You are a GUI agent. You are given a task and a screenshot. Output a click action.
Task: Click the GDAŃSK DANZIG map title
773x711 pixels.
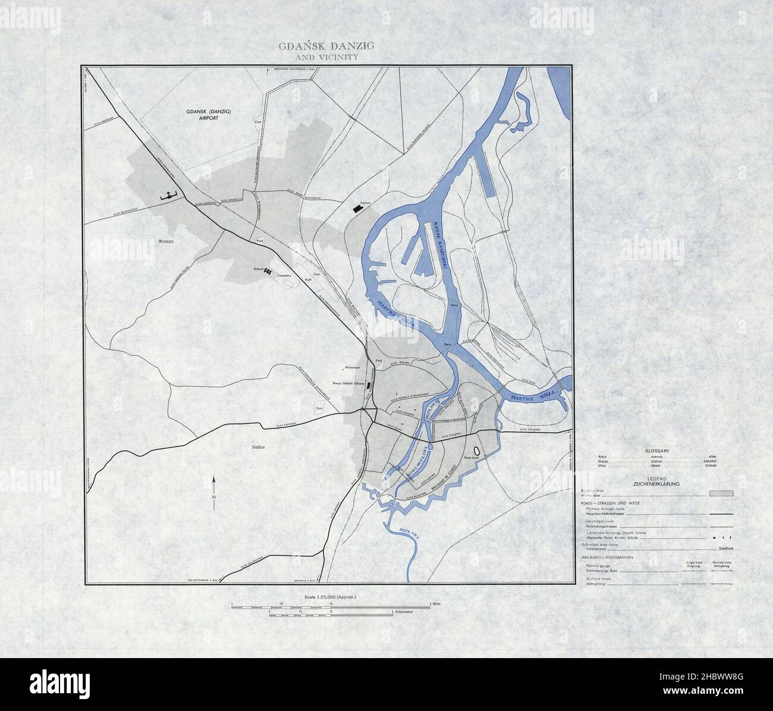(326, 46)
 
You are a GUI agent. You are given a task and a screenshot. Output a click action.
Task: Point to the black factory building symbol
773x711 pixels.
(357, 207)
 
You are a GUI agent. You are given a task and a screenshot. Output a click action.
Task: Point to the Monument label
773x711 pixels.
(345, 367)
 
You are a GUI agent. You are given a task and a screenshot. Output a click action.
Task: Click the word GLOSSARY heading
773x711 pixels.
(657, 451)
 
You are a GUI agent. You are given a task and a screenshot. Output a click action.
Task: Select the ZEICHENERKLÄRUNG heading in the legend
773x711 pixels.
(657, 484)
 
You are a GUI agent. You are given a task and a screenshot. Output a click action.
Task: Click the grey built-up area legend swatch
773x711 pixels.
(721, 493)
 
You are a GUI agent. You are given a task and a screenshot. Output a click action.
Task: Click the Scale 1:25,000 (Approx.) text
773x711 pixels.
(329, 596)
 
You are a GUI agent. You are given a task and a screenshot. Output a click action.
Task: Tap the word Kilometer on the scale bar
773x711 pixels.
(405, 611)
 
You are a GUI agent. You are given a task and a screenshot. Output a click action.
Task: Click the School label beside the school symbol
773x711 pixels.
(258, 269)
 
